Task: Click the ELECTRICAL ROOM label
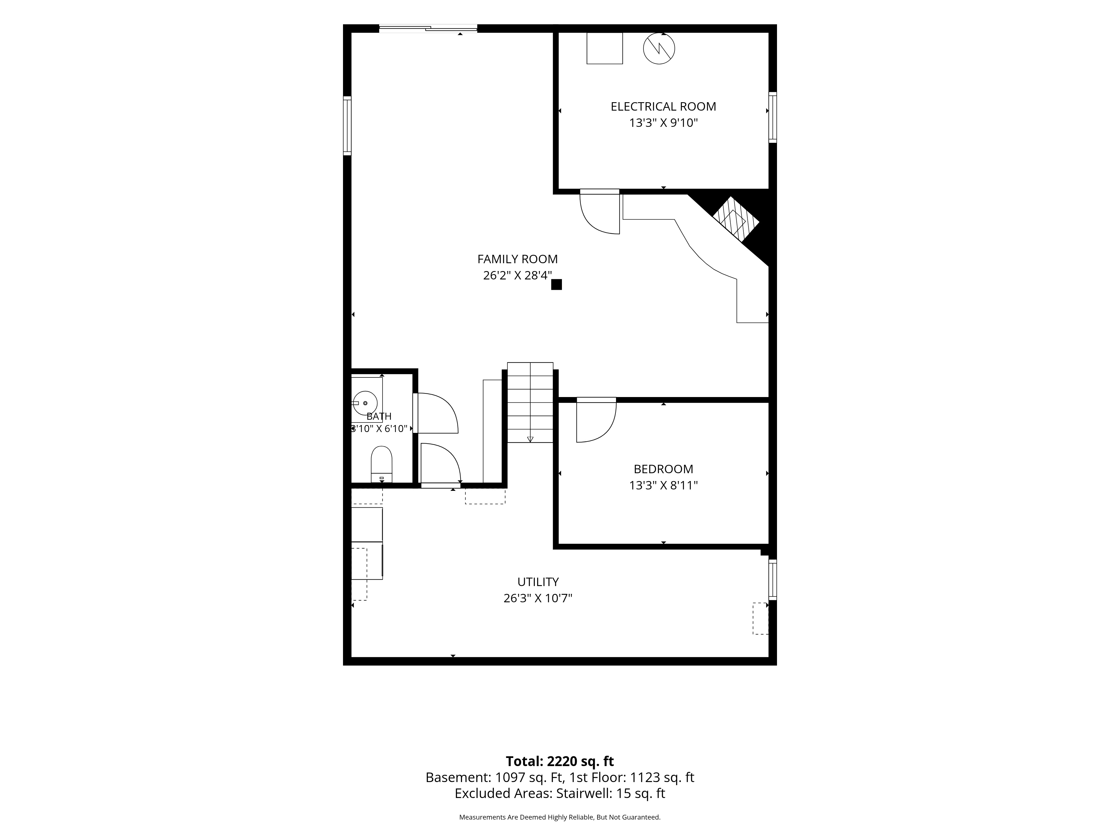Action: pyautogui.click(x=663, y=107)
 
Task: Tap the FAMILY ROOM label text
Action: pyautogui.click(x=517, y=259)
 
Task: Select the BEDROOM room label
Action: pyautogui.click(x=663, y=469)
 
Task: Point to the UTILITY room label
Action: pyautogui.click(x=538, y=582)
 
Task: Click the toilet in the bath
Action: pyautogui.click(x=381, y=464)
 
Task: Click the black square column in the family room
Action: pyautogui.click(x=556, y=284)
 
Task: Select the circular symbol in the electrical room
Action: pyautogui.click(x=659, y=49)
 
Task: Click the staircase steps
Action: pyautogui.click(x=530, y=403)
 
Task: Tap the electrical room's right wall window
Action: pyautogui.click(x=773, y=117)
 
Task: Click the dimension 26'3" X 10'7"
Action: pyautogui.click(x=538, y=598)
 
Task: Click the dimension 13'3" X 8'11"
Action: pyautogui.click(x=663, y=486)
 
